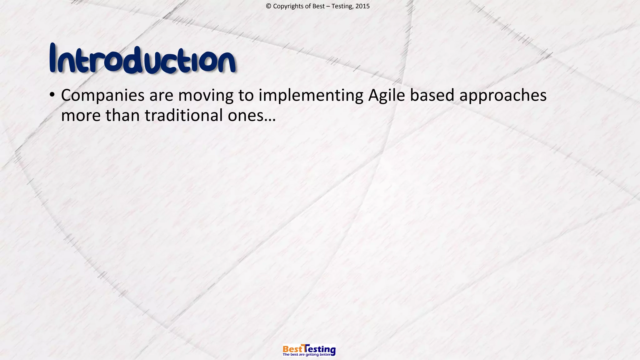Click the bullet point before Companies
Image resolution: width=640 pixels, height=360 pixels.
coord(52,94)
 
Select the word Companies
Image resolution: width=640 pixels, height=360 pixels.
coord(102,96)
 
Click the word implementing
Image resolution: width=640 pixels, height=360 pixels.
coord(311,96)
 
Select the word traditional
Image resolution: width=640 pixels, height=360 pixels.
coord(183,115)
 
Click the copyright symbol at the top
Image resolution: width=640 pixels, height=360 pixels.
coord(268,6)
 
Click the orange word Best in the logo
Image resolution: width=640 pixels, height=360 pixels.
coord(292,349)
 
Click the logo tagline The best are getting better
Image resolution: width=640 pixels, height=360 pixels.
coord(307,355)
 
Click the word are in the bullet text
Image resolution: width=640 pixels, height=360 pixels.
coord(161,96)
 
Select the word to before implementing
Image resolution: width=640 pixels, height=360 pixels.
coord(246,96)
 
